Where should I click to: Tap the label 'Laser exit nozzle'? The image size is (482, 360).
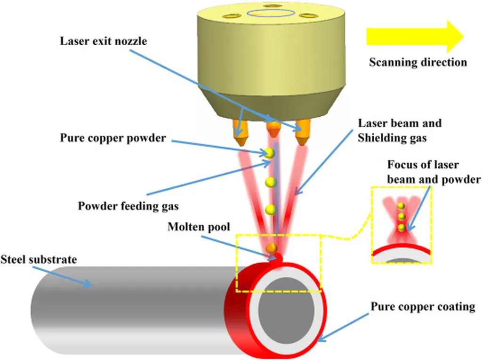coord(104,41)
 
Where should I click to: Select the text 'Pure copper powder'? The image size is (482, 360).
coord(112,138)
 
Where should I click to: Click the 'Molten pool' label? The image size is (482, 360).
coord(199,227)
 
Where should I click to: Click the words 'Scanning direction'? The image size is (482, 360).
coord(418,62)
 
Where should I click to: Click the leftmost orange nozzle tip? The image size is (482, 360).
coord(241,134)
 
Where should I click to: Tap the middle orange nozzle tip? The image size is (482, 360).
coord(272,130)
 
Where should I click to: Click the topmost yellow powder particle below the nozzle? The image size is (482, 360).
coord(269,152)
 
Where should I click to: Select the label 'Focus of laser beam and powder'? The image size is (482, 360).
coord(434,172)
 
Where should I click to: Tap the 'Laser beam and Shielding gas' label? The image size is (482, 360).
coord(400,130)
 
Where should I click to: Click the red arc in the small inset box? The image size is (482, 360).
coord(402,249)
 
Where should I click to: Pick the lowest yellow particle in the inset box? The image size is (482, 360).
coord(401,227)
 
